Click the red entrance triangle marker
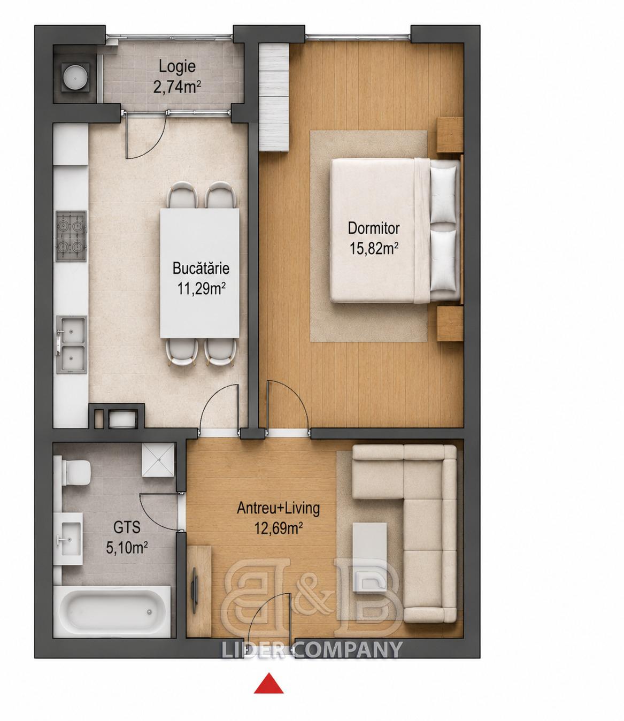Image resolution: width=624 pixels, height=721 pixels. pos(268,682)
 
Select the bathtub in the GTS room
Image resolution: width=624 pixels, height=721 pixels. pos(112,613)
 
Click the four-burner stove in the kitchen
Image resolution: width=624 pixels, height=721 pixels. pos(71,236)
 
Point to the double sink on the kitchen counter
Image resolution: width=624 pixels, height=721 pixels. pos(72,344)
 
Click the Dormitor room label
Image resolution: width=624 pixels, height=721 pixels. pos(374,228)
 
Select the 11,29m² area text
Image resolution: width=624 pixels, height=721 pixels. pos(202,289)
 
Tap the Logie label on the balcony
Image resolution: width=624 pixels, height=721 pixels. pos(177,66)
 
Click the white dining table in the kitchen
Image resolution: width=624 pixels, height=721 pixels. pos(200,273)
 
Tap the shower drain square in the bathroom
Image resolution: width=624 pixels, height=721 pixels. pos(158,460)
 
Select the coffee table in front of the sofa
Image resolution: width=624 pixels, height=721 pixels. pos(369,557)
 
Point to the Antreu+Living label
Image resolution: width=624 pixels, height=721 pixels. pos(279,509)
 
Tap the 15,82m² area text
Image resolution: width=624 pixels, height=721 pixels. pos(374,249)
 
